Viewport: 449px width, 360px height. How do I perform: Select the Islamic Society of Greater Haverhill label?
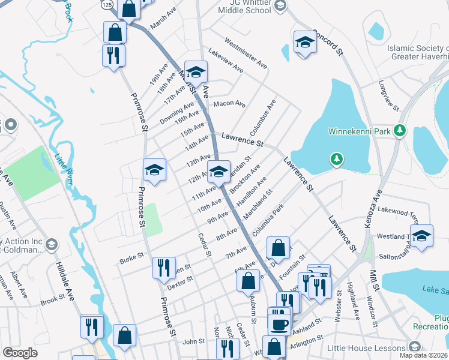coord(417,53)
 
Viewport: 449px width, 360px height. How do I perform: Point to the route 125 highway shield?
coord(107,4)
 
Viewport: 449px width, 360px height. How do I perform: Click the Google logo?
coord(20,353)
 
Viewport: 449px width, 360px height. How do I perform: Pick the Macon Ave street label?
coord(230,104)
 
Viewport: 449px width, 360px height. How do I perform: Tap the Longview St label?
coord(388,95)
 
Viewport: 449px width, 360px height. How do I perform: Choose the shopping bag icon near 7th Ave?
coord(278,247)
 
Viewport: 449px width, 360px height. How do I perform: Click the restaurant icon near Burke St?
coord(163,268)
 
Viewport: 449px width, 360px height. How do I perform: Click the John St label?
coord(193,341)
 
